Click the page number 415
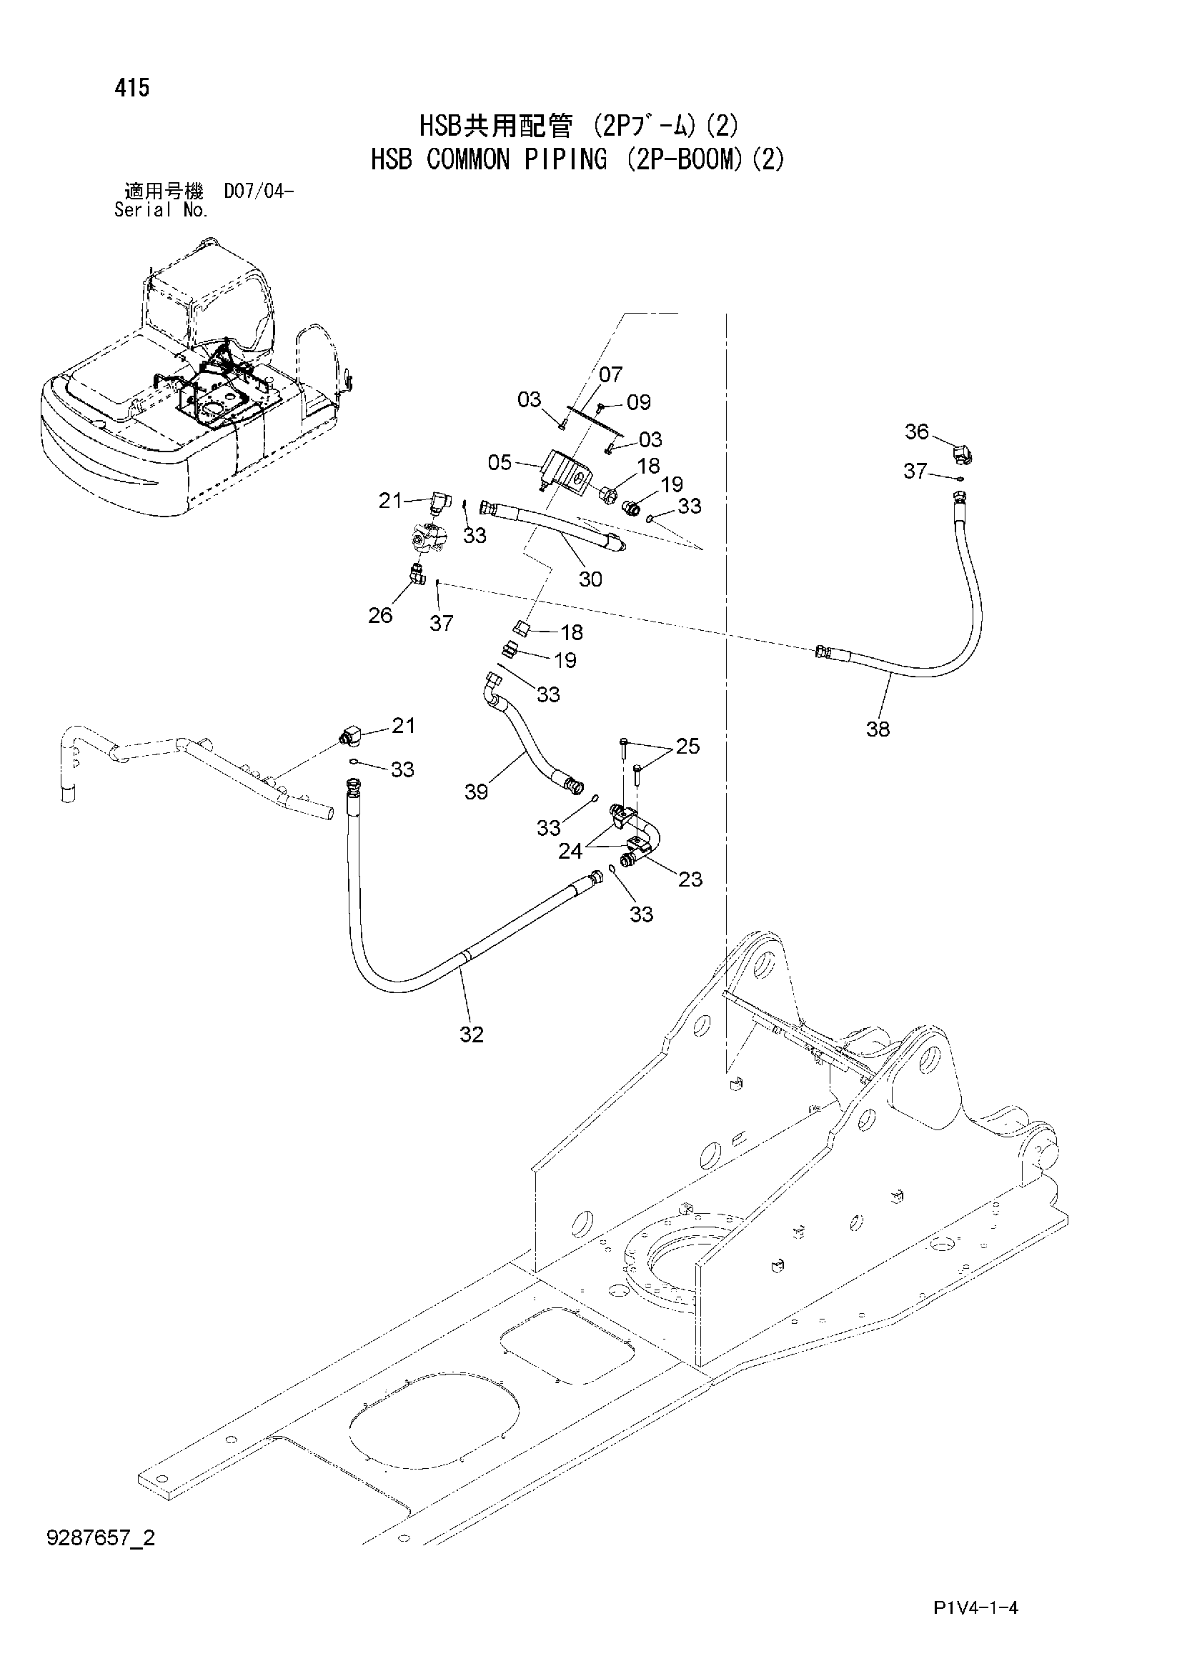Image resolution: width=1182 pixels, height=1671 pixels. point(131,88)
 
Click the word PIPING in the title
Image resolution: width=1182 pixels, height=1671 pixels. point(565,159)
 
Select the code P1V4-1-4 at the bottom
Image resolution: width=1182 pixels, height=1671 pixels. point(975,1627)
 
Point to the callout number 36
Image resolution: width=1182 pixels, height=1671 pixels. point(916,432)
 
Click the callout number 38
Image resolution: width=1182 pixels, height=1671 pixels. point(878,729)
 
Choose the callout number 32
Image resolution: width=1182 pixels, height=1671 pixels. point(472,1034)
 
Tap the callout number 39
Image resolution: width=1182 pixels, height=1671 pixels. point(477,792)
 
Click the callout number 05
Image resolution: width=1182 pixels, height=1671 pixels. point(500,462)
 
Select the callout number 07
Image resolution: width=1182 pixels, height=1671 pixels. point(610,374)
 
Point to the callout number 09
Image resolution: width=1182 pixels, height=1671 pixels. point(638,401)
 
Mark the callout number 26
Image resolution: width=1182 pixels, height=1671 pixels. point(380,615)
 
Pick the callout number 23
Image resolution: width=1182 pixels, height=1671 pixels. point(690,879)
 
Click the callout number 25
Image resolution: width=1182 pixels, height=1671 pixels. point(687,746)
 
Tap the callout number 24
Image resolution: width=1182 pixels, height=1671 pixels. point(570,850)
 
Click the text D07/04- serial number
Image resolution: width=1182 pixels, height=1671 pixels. point(259,192)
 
